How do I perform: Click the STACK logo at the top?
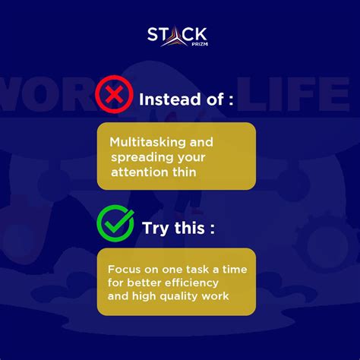(178, 36)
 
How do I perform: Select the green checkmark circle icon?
(115, 223)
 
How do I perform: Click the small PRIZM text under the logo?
(197, 45)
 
